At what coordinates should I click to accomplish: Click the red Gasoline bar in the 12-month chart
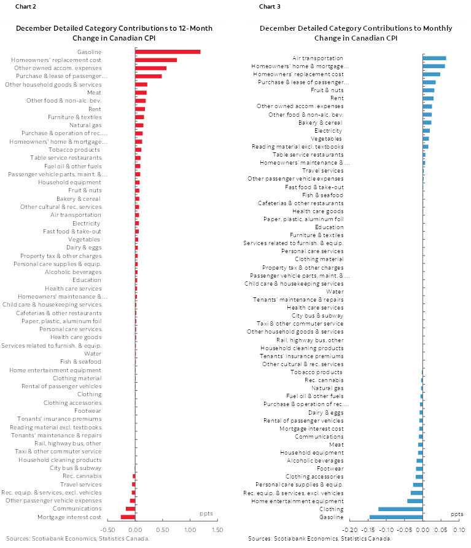point(168,52)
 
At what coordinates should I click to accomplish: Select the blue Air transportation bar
point(434,58)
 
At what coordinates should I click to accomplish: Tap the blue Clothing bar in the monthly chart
point(400,509)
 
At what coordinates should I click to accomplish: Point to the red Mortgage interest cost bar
point(128,517)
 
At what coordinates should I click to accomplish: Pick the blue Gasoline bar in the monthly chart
point(396,517)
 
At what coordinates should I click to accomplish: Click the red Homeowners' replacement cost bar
point(156,60)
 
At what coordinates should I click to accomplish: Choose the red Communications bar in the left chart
point(130,509)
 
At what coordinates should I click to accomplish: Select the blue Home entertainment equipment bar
point(415,501)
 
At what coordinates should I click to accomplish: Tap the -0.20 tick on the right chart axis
point(349,530)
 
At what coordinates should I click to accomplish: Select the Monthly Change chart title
point(356,33)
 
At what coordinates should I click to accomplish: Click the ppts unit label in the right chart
point(457,514)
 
